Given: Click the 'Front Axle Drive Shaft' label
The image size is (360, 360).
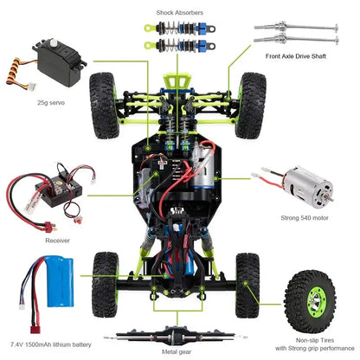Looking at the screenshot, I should coord(303,58).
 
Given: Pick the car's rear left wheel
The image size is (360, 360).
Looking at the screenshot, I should coord(106,276).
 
